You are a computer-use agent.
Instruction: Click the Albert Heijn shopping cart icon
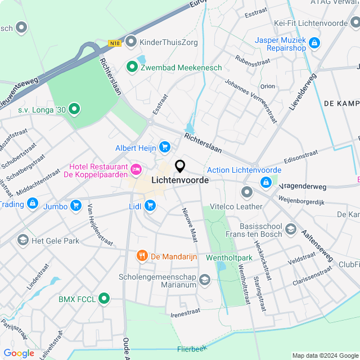(x=164, y=147)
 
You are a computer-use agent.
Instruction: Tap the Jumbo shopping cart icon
(x=76, y=206)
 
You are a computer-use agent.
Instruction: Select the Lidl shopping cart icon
(x=150, y=206)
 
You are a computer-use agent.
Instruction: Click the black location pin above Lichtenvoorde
(x=180, y=166)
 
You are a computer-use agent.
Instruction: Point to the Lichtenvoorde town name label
(x=180, y=181)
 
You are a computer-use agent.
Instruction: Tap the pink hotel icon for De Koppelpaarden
(x=136, y=169)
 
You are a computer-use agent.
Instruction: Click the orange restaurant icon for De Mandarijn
(x=142, y=256)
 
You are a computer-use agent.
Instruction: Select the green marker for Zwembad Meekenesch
(x=132, y=67)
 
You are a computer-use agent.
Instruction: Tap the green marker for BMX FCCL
(x=104, y=299)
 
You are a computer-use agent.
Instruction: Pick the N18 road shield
(x=115, y=43)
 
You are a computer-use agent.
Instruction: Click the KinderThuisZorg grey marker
(x=131, y=41)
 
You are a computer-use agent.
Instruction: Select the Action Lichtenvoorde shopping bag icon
(x=265, y=182)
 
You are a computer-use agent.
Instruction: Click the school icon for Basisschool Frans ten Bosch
(x=290, y=228)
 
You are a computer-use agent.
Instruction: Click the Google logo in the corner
(x=19, y=353)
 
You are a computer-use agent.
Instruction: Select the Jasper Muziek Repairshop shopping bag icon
(x=314, y=42)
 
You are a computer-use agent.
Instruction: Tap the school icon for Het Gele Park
(x=22, y=241)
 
